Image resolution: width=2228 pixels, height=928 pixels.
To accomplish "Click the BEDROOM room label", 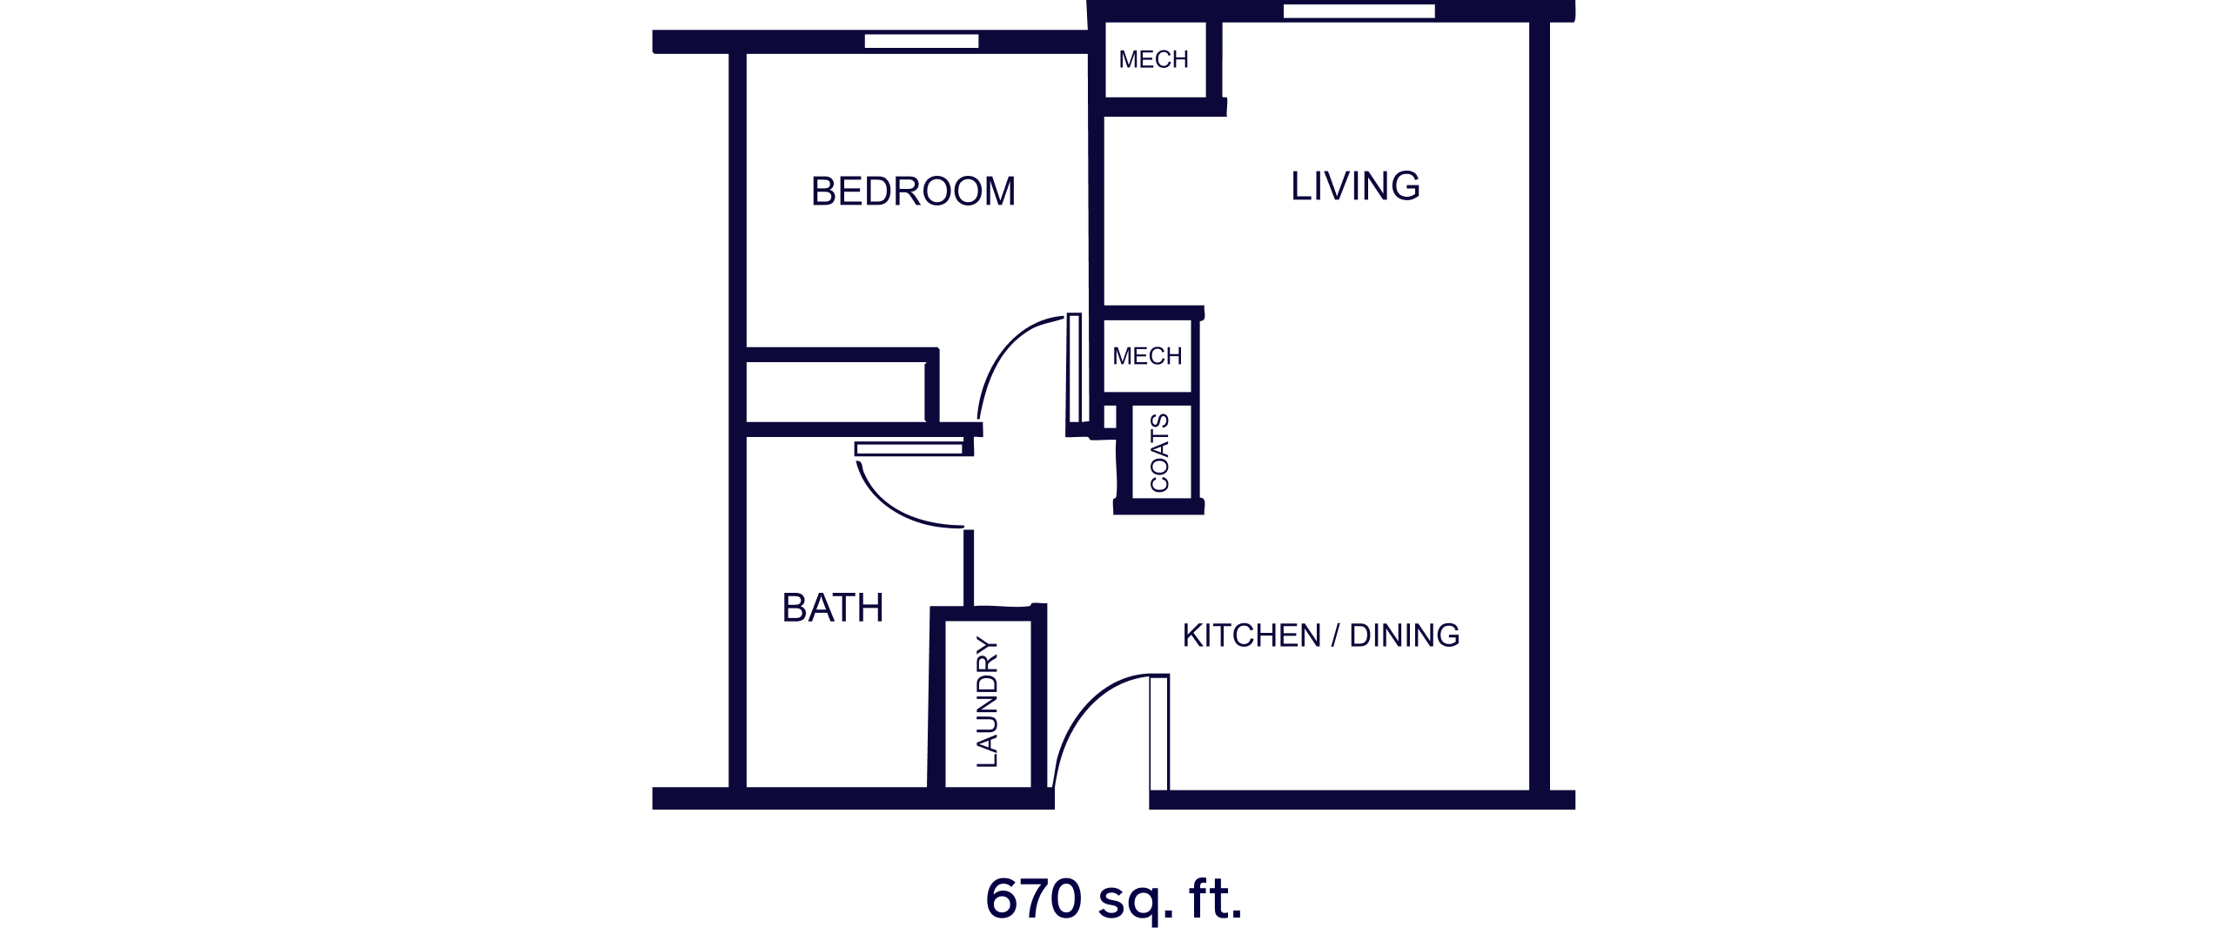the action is [x=913, y=192].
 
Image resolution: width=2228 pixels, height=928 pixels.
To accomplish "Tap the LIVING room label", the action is [x=1355, y=186].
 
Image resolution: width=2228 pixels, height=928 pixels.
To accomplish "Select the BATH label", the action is [x=833, y=608].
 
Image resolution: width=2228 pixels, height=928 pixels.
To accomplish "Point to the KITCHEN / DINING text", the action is [x=1320, y=635].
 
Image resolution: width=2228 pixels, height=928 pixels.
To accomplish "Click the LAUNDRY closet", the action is [x=988, y=703].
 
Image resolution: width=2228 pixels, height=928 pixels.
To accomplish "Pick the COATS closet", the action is [x=1161, y=453].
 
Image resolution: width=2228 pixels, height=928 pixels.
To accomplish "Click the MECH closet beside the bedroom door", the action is [x=1147, y=356].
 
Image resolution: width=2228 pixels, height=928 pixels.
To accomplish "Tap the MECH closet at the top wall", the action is [x=1155, y=59].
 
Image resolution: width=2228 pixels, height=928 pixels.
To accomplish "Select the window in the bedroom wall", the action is [x=922, y=41].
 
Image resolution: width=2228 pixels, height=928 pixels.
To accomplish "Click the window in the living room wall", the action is [x=1359, y=11].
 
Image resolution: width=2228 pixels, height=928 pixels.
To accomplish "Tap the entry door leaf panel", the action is [x=1159, y=732].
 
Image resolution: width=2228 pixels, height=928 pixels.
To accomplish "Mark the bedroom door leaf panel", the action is [x=1075, y=369].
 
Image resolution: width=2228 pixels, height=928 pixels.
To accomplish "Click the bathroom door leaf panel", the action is [x=909, y=449].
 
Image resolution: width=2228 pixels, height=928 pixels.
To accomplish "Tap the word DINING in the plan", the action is [x=1405, y=635].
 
